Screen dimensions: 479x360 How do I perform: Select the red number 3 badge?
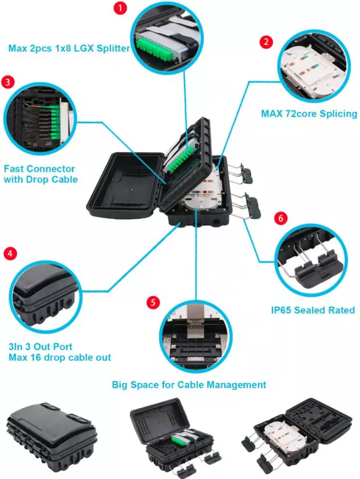[x=8, y=82]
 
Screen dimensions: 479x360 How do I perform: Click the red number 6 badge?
[x=280, y=219]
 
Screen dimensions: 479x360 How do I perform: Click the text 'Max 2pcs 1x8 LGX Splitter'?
[x=69, y=48]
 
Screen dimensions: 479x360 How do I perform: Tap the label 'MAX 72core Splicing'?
[x=309, y=113]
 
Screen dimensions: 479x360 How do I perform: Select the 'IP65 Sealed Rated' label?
[x=312, y=310]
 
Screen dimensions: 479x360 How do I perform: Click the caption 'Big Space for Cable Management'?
[x=189, y=384]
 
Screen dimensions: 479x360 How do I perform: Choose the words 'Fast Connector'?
[x=39, y=169]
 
